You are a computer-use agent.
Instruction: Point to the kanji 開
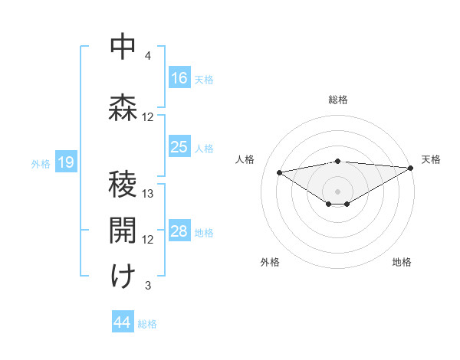[x=123, y=230]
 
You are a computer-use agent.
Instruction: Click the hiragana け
[x=123, y=276]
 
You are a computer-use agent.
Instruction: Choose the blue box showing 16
[x=179, y=78]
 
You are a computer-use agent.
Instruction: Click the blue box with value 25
[x=179, y=147]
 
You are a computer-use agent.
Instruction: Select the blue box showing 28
[x=179, y=231]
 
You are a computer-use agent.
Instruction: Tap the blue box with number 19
[x=65, y=162]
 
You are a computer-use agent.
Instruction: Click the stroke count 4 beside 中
[x=148, y=56]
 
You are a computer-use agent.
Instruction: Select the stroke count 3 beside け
[x=148, y=286]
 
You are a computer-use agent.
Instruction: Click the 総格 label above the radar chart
[x=337, y=100]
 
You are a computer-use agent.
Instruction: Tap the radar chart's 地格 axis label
[x=402, y=262]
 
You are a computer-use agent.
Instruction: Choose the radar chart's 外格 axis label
[x=270, y=262]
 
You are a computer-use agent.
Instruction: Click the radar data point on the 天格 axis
[x=411, y=168]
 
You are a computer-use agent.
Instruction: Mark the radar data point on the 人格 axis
[x=279, y=172]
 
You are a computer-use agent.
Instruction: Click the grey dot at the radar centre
[x=337, y=190]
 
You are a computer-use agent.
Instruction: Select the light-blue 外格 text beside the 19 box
[x=40, y=162]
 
